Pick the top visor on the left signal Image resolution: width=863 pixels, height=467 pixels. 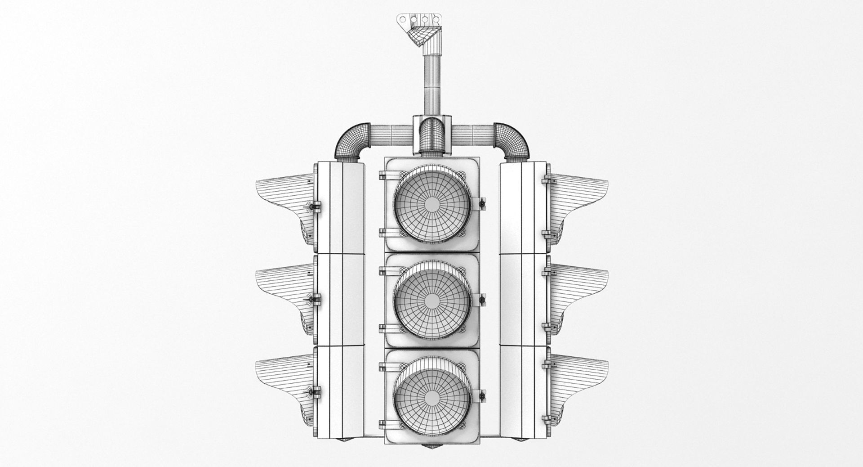(283, 198)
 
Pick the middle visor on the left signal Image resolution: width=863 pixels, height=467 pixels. (283, 290)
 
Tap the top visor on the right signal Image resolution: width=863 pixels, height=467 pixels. (580, 198)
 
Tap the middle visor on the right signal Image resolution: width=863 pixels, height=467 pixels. (580, 290)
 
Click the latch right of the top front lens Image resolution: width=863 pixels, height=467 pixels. (482, 204)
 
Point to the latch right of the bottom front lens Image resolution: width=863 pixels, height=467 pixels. (482, 396)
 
